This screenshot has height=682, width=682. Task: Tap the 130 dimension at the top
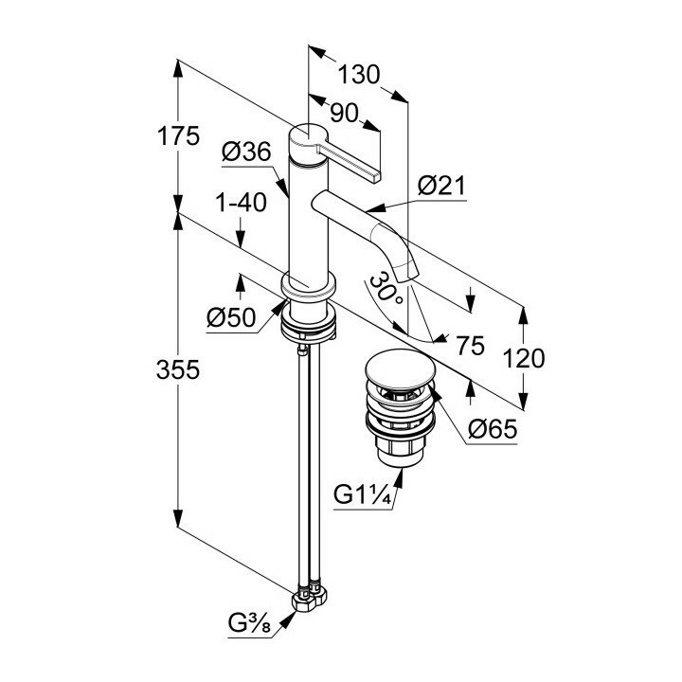pyautogui.click(x=360, y=74)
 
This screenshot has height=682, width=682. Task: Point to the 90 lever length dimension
pyautogui.click(x=348, y=111)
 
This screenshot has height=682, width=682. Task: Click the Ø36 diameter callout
pyautogui.click(x=247, y=152)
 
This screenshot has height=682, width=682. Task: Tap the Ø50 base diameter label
pyautogui.click(x=231, y=318)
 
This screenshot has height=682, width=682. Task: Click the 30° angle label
pyautogui.click(x=386, y=286)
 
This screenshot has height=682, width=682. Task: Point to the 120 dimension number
pyautogui.click(x=524, y=357)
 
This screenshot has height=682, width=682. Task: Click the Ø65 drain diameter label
pyautogui.click(x=493, y=431)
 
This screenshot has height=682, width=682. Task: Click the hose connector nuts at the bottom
pyautogui.click(x=308, y=597)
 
